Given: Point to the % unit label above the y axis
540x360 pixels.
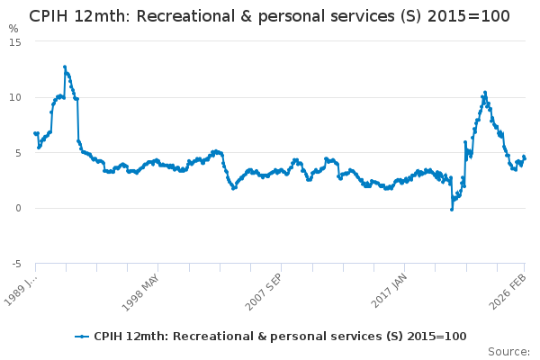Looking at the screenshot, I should coord(13,29).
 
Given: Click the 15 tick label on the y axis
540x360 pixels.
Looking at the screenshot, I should coord(15,41).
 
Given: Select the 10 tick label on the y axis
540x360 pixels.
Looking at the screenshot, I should coord(15,97).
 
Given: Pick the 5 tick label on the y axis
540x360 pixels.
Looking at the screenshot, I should coord(18,153).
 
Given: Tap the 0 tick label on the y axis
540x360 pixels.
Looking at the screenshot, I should coord(18,208).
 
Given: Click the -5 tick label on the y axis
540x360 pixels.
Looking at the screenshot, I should coord(16,264).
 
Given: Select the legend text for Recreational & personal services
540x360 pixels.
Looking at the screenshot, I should coord(280,336).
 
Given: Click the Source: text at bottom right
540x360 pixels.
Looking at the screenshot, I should coord(508,351).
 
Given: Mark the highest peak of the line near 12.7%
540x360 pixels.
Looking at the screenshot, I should coord(65,67).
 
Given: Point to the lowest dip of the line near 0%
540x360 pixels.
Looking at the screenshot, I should coord(452,209).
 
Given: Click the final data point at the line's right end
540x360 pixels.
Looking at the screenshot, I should coord(524,158).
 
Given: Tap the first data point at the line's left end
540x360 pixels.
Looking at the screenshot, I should coord(35,133).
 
